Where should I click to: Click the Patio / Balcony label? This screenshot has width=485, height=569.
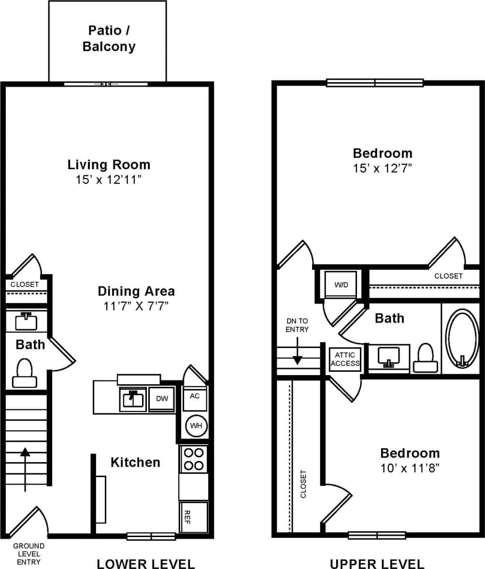[109, 39]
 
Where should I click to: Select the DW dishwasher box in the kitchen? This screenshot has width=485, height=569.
[161, 399]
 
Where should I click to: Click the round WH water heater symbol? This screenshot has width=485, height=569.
[196, 426]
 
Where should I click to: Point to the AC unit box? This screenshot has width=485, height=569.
[195, 396]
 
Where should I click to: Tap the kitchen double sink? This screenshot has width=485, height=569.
[133, 399]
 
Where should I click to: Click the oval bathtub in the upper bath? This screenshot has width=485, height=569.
[462, 338]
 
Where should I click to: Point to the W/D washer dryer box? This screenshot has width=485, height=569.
[342, 285]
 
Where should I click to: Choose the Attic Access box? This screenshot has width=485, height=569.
[345, 359]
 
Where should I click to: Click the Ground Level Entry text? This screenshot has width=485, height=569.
[29, 554]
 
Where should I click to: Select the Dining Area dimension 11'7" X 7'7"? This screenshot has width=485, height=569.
[136, 306]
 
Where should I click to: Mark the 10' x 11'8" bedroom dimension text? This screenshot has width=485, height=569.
[410, 468]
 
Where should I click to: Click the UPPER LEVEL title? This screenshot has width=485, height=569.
[377, 564]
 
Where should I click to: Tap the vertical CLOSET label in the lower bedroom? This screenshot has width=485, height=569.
[304, 484]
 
